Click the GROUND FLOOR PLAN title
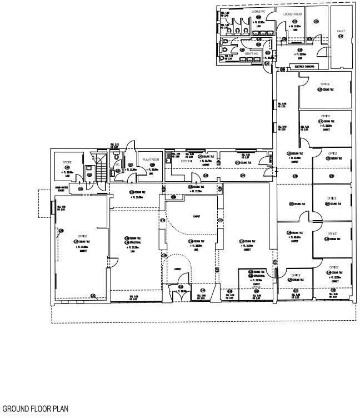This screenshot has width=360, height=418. pyautogui.click(x=36, y=410)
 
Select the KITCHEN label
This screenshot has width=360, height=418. pyautogui.click(x=187, y=161)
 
